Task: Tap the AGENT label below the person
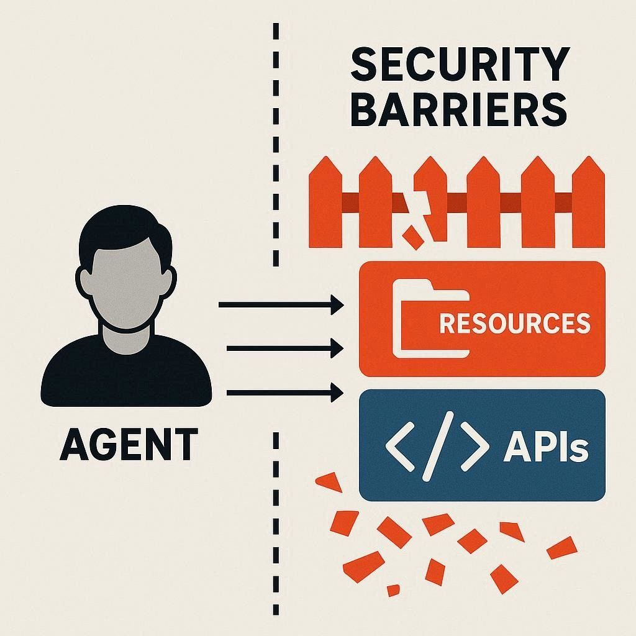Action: point(129,444)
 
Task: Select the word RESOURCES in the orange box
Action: point(514,323)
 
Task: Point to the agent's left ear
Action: point(83,279)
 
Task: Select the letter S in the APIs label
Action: point(578,450)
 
